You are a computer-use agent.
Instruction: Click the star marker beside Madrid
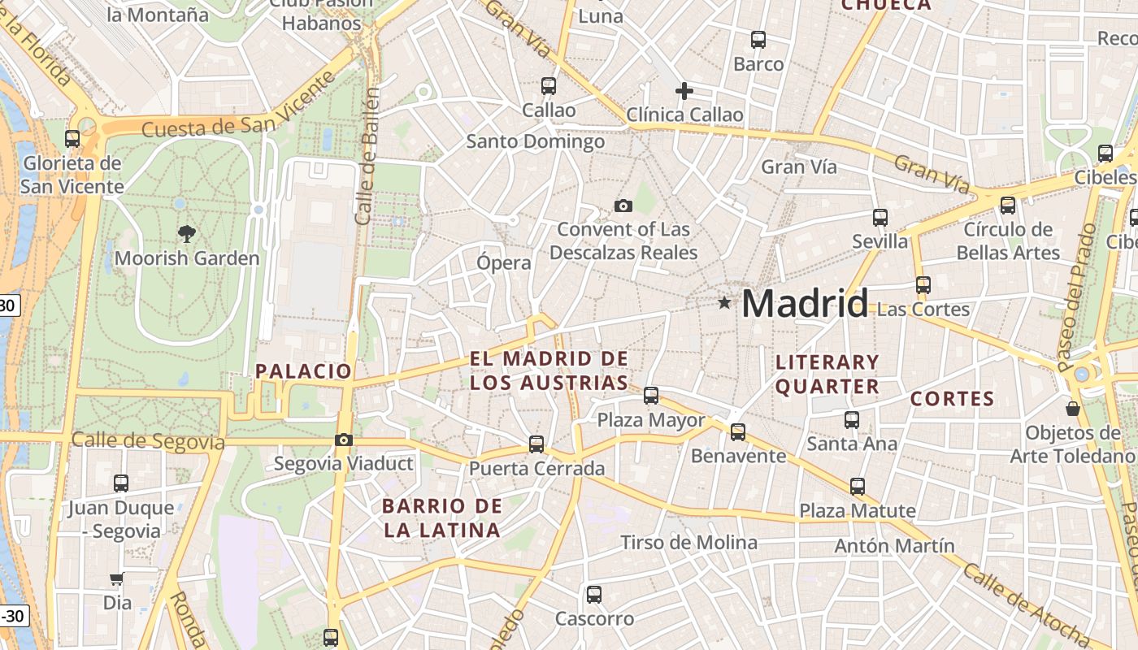coord(724,303)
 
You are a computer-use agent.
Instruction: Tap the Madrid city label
coord(805,304)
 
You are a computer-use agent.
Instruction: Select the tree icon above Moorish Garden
coord(187,234)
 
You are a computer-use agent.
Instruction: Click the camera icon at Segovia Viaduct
coord(344,440)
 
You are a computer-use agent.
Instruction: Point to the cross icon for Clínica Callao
coord(684,90)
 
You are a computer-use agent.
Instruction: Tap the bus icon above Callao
coord(549,85)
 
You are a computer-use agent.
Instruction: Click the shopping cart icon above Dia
coord(117,579)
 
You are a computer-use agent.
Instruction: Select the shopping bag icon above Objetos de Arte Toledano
coord(1072,408)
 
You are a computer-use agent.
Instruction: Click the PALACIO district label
coord(304,371)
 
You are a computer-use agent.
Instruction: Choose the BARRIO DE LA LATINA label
coord(441,518)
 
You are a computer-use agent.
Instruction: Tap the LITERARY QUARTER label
coord(827,374)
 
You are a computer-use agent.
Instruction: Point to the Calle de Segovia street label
coord(148,441)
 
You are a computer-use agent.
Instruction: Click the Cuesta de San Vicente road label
coord(238,105)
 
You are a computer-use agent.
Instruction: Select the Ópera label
coord(504,262)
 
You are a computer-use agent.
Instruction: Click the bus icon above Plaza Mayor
coord(651,396)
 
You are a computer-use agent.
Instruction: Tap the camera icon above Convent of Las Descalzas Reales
coord(623,206)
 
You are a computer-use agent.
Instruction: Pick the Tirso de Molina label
coord(688,542)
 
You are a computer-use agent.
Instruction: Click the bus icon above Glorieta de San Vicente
coord(72,138)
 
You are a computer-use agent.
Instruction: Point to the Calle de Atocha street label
coord(1027,604)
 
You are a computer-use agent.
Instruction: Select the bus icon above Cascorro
coord(594,594)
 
